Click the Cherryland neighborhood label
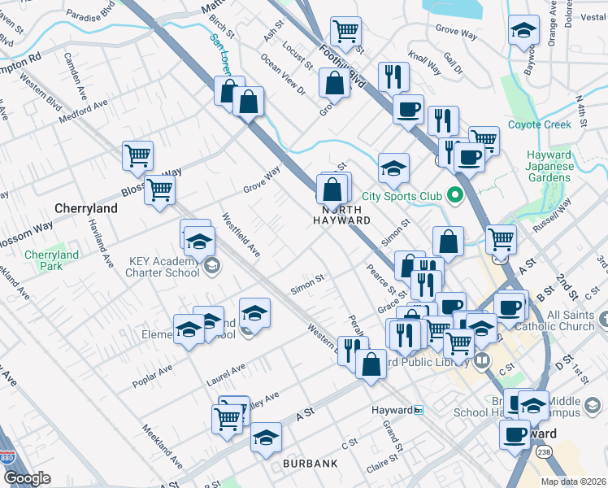tap(86, 208)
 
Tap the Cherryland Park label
tap(51, 260)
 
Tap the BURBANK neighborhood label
tap(310, 464)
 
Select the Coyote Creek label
tap(540, 124)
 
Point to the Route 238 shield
tap(544, 451)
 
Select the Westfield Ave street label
tap(241, 236)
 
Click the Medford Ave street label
tap(83, 112)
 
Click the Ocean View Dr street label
tap(282, 76)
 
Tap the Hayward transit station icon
tap(419, 410)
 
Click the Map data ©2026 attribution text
tap(572, 481)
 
